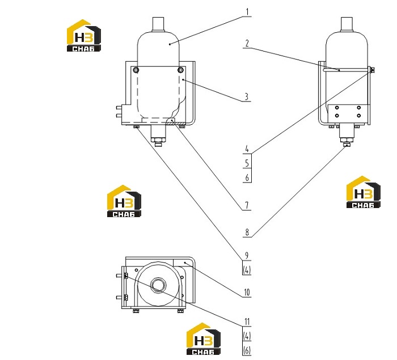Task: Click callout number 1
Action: pos(247,12)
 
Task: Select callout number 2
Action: pos(247,43)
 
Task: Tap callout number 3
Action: pos(247,97)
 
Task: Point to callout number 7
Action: pos(247,205)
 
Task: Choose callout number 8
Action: pos(247,232)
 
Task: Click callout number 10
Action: pos(247,293)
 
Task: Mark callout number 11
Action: pos(247,322)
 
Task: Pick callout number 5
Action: pos(247,163)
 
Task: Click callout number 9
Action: pos(247,256)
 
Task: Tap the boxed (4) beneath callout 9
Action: pos(247,270)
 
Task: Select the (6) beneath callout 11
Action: pos(247,350)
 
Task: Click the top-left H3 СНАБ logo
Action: pos(84,36)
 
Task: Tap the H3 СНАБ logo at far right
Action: pos(364,192)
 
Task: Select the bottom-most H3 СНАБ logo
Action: pos(204,338)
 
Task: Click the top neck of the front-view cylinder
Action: pos(158,24)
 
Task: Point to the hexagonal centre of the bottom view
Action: pos(158,285)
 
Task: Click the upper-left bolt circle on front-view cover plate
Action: pos(136,70)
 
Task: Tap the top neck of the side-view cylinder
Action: pos(347,24)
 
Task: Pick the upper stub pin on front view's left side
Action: pos(119,108)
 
